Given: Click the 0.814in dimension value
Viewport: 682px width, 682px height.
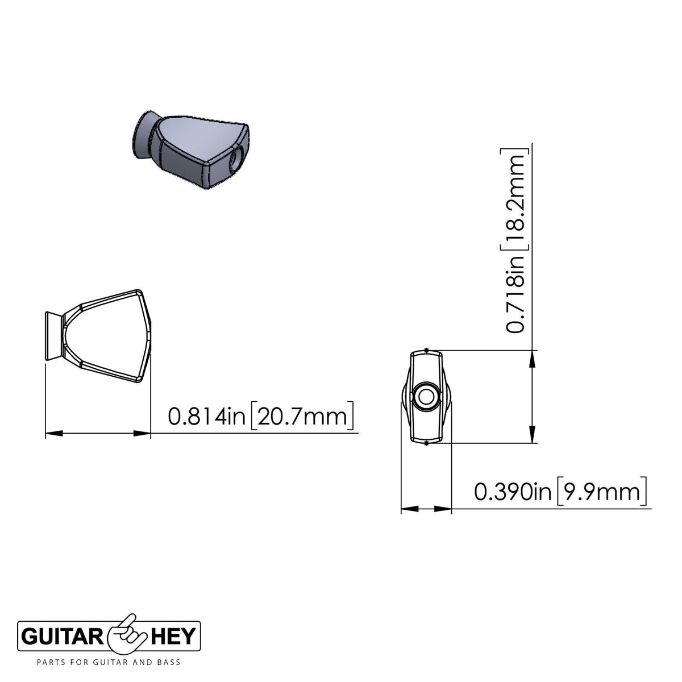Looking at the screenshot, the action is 207,416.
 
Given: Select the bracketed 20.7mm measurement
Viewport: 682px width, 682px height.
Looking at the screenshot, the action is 302,416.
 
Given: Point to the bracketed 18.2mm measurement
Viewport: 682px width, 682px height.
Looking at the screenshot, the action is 515,199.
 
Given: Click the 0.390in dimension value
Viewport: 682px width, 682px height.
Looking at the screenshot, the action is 513,492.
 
